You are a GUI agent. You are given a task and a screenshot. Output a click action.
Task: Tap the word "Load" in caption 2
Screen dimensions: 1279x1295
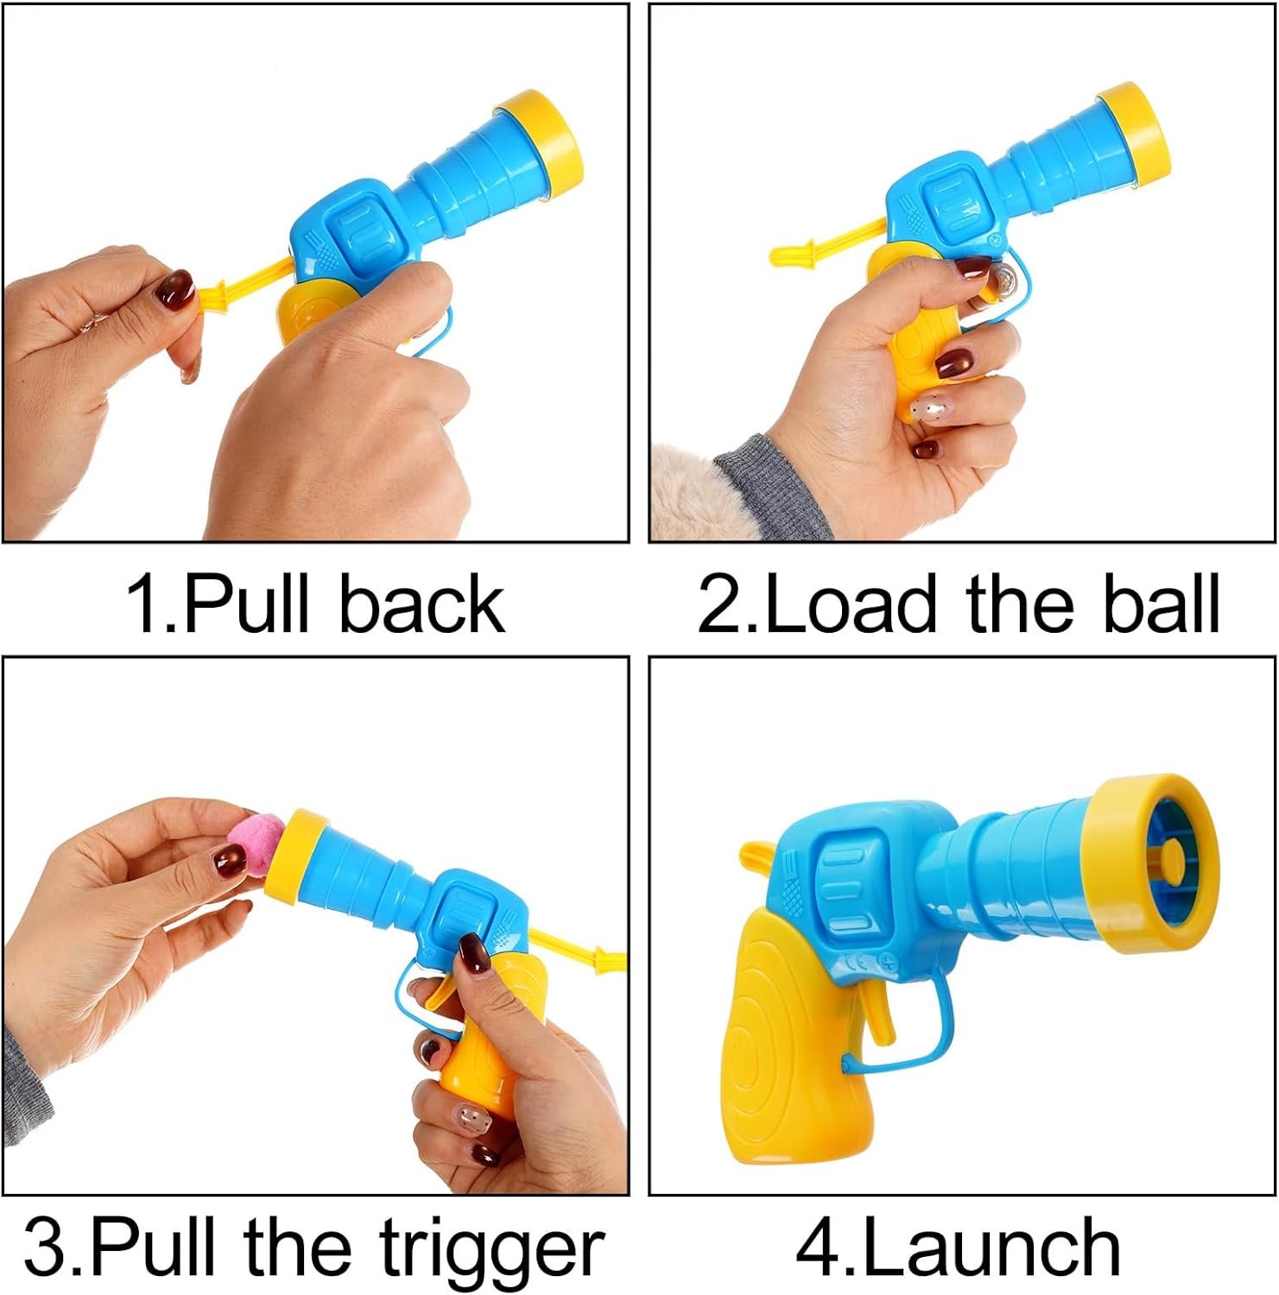[x=851, y=603]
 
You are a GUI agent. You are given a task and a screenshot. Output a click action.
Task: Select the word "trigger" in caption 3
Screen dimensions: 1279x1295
[x=491, y=1250]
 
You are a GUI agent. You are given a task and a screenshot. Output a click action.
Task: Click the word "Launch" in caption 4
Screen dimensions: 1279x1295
[x=991, y=1247]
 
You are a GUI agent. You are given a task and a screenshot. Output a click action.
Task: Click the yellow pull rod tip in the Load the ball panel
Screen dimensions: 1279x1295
[x=791, y=254]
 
